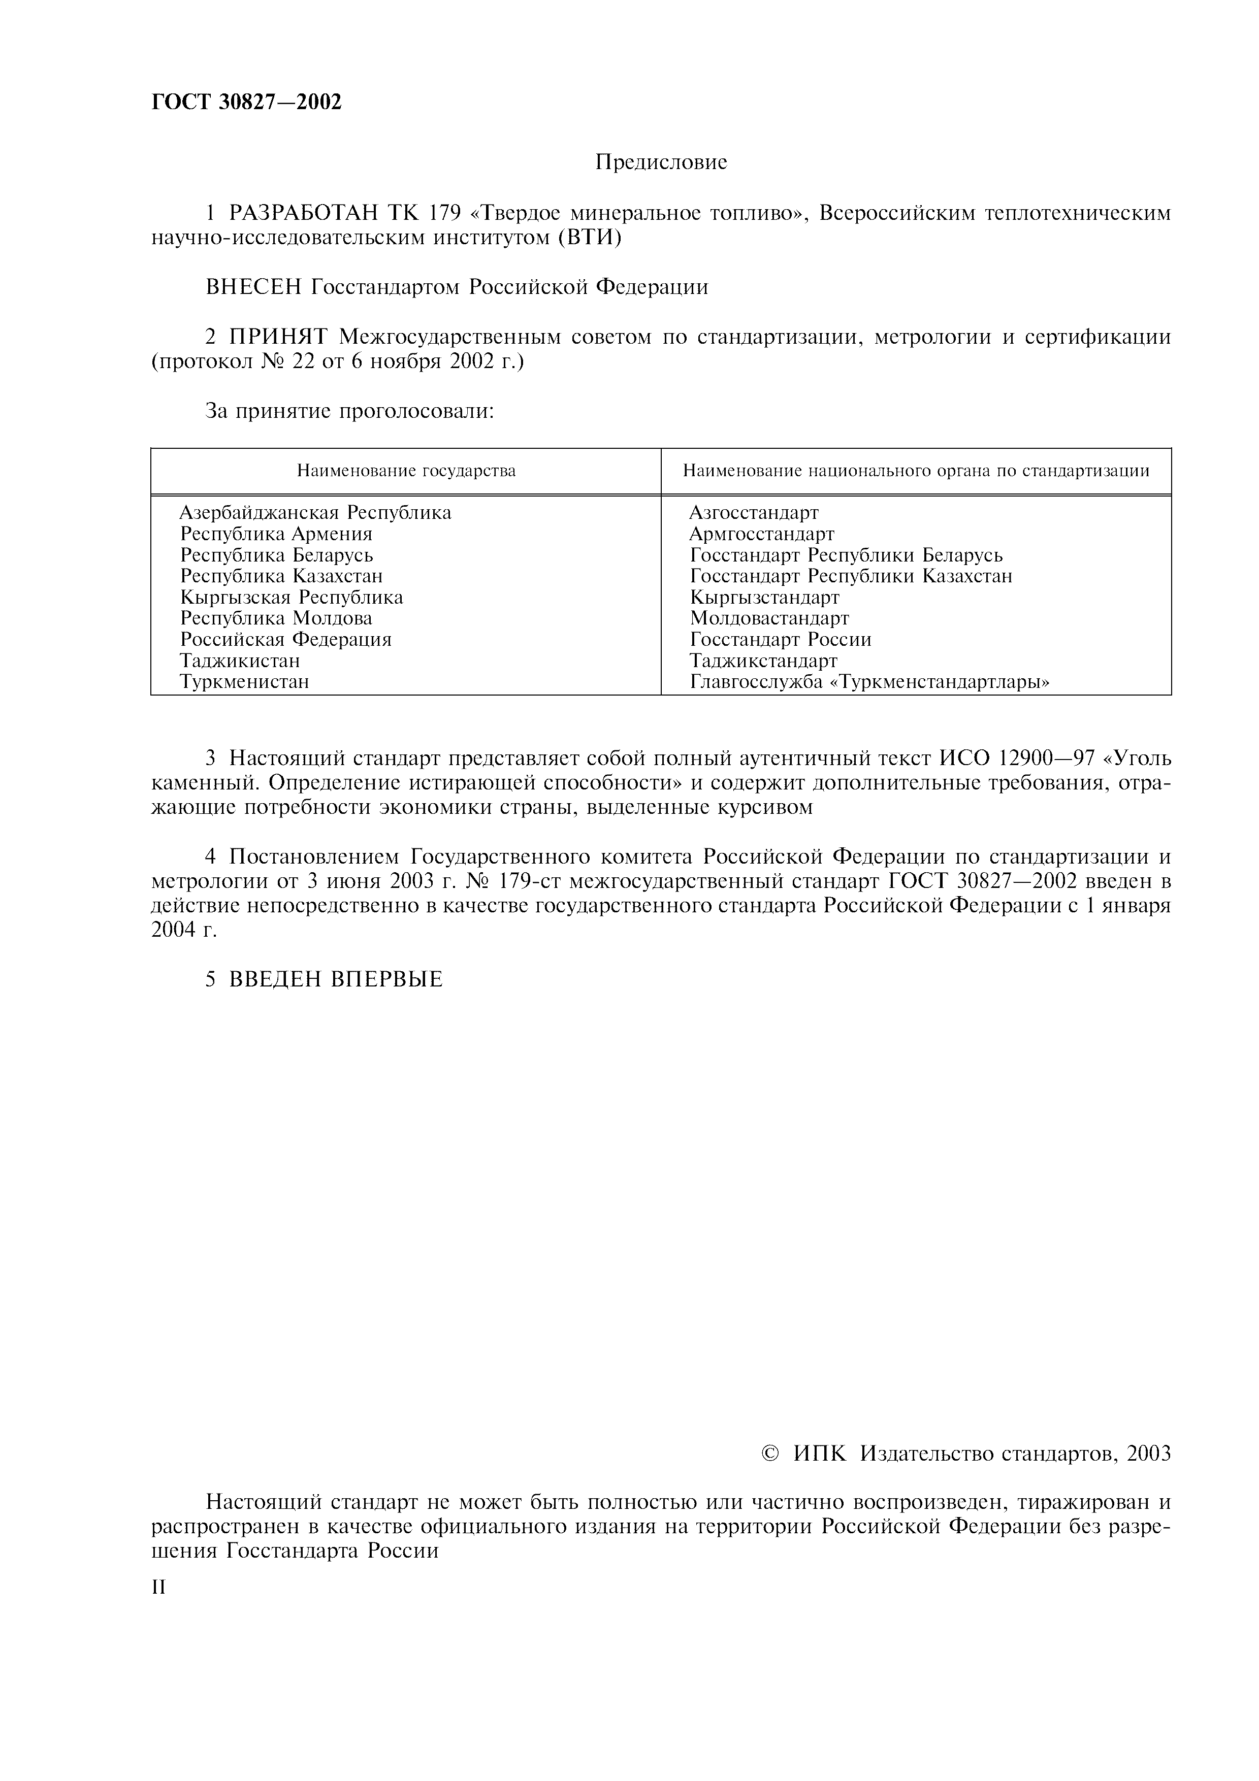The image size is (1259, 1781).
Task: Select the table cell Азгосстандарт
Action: click(x=753, y=513)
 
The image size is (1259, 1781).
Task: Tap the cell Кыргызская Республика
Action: click(x=292, y=597)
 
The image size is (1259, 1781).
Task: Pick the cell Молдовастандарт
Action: click(x=769, y=618)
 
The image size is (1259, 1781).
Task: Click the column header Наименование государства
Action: click(x=406, y=471)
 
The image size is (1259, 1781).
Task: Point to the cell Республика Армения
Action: click(x=276, y=534)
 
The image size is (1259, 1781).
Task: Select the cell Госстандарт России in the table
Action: click(x=781, y=639)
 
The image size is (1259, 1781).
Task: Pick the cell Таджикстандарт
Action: click(x=763, y=660)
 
